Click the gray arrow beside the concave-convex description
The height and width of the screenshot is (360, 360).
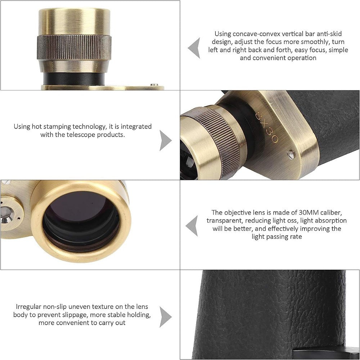[194, 47]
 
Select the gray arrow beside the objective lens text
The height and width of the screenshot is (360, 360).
[192, 226]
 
